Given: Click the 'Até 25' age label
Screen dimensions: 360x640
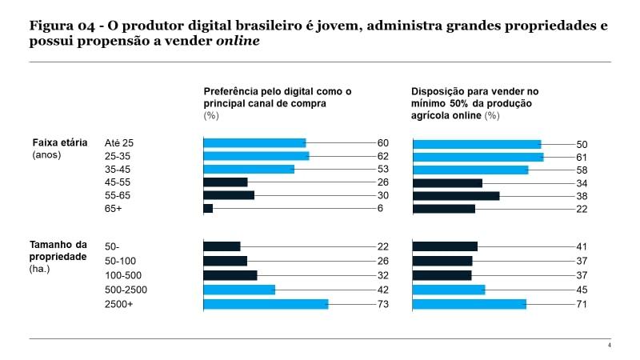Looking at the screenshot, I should tap(119, 142).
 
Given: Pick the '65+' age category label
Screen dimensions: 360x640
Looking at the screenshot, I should tap(114, 208).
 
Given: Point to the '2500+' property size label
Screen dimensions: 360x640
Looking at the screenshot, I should tap(118, 304).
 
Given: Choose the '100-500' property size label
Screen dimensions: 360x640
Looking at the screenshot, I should tap(123, 275).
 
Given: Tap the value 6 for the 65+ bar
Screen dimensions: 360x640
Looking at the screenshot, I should tap(381, 208).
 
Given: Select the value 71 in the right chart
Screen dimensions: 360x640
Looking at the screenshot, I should tap(582, 304).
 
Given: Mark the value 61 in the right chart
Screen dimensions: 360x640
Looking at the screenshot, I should tap(582, 157).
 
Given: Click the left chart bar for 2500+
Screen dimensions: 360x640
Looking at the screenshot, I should tap(266, 304).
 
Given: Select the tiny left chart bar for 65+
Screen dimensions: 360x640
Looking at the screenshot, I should tap(208, 208).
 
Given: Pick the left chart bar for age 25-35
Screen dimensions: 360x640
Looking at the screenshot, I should tap(256, 156).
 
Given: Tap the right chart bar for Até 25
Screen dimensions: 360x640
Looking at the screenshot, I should tap(477, 143).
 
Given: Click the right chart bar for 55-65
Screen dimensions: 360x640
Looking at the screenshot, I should tap(456, 195).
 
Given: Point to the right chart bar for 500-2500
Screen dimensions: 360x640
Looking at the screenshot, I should tap(449, 290).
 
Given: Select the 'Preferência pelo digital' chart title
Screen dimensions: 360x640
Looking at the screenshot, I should tap(277, 98).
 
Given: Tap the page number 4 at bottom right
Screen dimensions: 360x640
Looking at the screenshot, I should tap(609, 345).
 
